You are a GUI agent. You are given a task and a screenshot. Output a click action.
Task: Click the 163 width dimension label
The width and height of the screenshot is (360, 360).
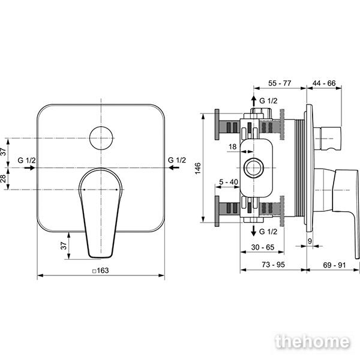pos(101,271)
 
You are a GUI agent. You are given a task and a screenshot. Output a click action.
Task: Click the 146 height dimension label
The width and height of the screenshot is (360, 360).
pos(197,168)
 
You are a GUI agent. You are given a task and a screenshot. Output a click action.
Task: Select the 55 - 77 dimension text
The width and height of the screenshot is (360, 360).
pos(280,83)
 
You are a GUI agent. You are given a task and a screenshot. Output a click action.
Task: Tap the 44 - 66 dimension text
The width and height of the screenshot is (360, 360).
pos(324,83)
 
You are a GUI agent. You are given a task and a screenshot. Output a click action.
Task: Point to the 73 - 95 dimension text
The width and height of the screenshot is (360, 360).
pos(273,265)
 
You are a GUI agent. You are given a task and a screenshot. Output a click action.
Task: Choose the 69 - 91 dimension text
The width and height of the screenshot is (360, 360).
pos(334,265)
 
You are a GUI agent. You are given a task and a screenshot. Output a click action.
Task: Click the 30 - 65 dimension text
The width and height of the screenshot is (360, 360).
pos(263,247)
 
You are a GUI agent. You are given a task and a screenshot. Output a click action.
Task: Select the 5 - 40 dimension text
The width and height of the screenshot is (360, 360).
pos(229,182)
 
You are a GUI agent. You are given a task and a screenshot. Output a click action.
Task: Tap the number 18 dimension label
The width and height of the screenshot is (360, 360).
pos(233,147)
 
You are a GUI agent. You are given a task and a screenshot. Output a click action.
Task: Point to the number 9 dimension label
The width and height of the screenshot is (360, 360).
pos(310,241)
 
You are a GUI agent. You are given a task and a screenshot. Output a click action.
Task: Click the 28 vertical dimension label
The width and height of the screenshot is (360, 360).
pos(3,179)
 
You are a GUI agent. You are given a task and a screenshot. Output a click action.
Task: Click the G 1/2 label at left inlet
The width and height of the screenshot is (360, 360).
pos(26,160)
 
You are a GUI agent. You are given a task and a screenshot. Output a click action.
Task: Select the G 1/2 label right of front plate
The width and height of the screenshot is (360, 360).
pos(177,160)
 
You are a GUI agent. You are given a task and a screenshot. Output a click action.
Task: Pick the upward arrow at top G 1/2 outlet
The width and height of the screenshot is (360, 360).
pos(253,101)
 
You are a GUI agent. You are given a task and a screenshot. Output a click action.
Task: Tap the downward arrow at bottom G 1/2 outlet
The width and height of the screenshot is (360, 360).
pos(253,230)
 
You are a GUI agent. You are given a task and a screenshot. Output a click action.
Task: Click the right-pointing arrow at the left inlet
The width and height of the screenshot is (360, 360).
pos(29,168)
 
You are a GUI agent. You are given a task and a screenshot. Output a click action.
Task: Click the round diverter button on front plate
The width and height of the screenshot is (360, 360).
pos(101,138)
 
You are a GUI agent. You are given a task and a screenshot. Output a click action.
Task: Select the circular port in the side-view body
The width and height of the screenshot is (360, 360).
pos(253,168)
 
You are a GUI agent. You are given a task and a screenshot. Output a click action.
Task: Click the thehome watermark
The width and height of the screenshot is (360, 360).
pos(313,342)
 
